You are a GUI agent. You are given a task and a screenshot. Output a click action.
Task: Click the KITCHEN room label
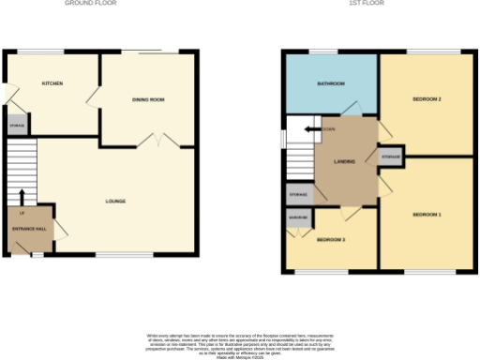coord(52,84)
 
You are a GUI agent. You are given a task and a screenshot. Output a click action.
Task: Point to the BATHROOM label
coord(329,84)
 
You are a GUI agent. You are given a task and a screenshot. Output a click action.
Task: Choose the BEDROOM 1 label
coord(427,216)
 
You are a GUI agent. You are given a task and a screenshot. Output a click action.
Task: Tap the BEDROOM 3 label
coord(330,240)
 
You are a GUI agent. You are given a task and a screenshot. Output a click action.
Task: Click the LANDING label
coord(344,161)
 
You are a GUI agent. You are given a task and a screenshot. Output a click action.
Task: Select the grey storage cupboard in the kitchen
coord(17,125)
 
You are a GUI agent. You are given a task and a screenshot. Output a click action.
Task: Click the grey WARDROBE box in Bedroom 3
coord(299,217)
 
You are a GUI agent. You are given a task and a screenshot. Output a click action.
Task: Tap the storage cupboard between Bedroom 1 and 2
coord(391,155)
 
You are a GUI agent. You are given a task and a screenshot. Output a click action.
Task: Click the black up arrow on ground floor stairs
coord(22,196)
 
